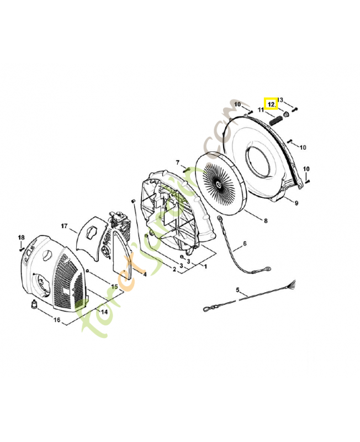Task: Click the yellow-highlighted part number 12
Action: [271, 103]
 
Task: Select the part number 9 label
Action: [296, 203]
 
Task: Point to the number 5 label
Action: [238, 290]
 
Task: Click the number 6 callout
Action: [245, 244]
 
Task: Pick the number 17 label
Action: [64, 226]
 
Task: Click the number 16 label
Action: [57, 320]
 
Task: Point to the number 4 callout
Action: [145, 274]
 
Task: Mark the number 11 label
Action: [261, 110]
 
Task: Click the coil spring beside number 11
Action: [276, 119]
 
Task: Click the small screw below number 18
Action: [21, 249]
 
